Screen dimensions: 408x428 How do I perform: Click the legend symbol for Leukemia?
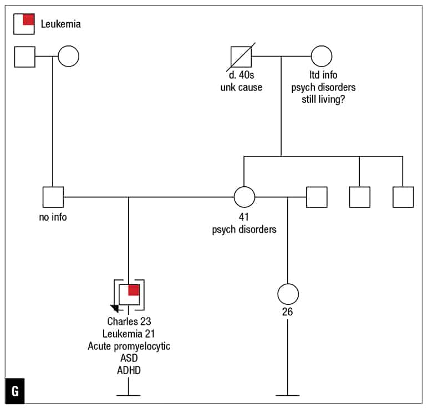24,24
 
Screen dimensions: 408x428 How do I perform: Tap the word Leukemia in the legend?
61,24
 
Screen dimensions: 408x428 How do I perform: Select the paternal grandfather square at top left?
24,56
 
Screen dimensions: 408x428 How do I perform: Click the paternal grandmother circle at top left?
68,56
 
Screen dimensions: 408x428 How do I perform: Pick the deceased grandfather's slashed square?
241,56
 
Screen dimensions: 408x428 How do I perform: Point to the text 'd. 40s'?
241,75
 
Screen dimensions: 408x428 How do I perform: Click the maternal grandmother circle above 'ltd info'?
321,56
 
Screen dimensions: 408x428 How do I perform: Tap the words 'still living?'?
323,100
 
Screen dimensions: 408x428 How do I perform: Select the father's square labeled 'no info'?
53,197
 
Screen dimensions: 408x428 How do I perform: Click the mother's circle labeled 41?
244,197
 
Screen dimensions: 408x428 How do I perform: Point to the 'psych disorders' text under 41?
244,229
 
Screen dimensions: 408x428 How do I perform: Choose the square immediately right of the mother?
317,197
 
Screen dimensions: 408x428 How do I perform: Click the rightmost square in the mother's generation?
403,197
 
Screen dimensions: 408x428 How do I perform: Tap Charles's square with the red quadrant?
129,294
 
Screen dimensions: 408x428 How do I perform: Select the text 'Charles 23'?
129,321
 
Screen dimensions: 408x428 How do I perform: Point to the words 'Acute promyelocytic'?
129,346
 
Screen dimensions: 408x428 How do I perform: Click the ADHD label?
129,370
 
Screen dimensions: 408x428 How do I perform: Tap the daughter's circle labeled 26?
288,294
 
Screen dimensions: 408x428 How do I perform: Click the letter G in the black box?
15,390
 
